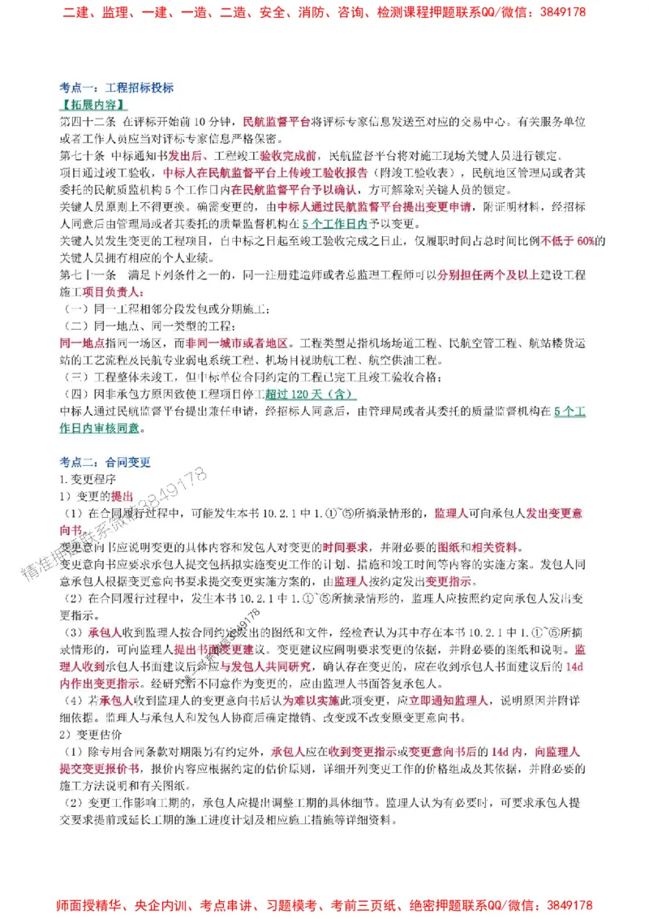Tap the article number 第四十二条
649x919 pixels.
(88, 123)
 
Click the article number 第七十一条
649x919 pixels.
(88, 275)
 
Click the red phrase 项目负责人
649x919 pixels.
(119, 291)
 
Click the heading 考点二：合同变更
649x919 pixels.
(105, 463)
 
